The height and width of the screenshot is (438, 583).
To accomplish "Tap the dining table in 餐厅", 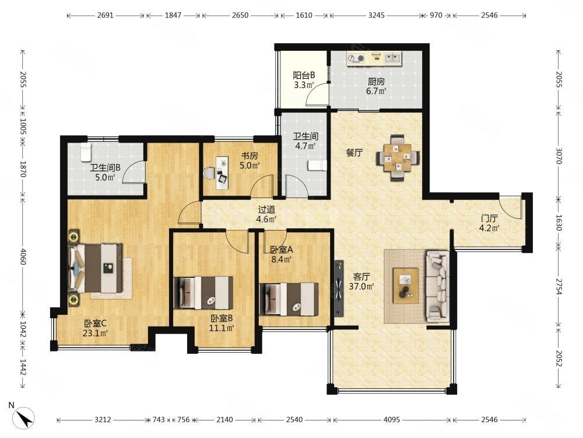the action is coord(398,158).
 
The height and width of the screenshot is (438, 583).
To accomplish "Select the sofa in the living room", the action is coord(438,286).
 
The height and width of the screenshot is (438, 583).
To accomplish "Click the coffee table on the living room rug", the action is coord(406,286).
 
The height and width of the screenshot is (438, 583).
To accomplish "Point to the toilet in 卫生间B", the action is coord(86,152).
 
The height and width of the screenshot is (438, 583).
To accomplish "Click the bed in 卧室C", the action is coord(96,268).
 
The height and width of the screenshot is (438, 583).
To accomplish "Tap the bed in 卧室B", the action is coord(203,293).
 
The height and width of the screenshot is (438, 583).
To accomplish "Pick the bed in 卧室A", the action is coord(289,298).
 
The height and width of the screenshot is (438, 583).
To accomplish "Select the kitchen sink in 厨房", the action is coord(392,58).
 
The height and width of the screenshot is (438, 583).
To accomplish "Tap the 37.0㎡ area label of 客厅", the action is coord(361,286).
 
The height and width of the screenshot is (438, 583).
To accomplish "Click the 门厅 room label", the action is coord(489,218).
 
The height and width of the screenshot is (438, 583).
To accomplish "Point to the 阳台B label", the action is coord(304,75).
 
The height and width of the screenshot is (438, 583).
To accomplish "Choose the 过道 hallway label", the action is coord(266,210).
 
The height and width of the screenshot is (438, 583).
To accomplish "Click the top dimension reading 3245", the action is coord(376,15).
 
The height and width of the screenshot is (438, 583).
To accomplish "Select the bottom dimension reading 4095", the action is coord(392,420).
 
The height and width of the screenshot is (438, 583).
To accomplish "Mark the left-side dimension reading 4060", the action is coord(22,256).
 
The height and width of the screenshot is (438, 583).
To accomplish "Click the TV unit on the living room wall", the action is coord(338,288).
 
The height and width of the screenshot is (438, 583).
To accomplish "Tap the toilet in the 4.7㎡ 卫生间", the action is coord(317,165).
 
